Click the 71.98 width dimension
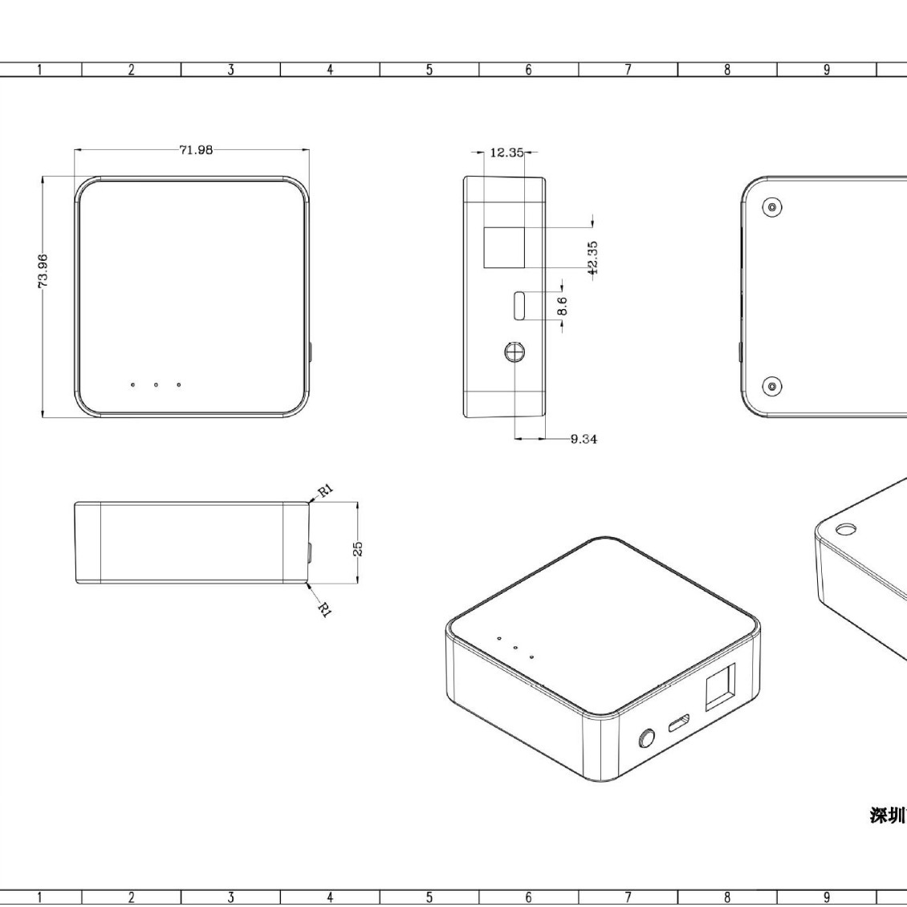[196, 150]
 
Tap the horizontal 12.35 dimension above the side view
[506, 153]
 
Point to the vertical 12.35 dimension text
[592, 258]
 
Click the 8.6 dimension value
[562, 306]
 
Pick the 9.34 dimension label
[584, 439]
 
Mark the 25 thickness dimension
[358, 547]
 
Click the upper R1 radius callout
[326, 490]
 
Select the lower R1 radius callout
[325, 610]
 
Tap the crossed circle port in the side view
[515, 352]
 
